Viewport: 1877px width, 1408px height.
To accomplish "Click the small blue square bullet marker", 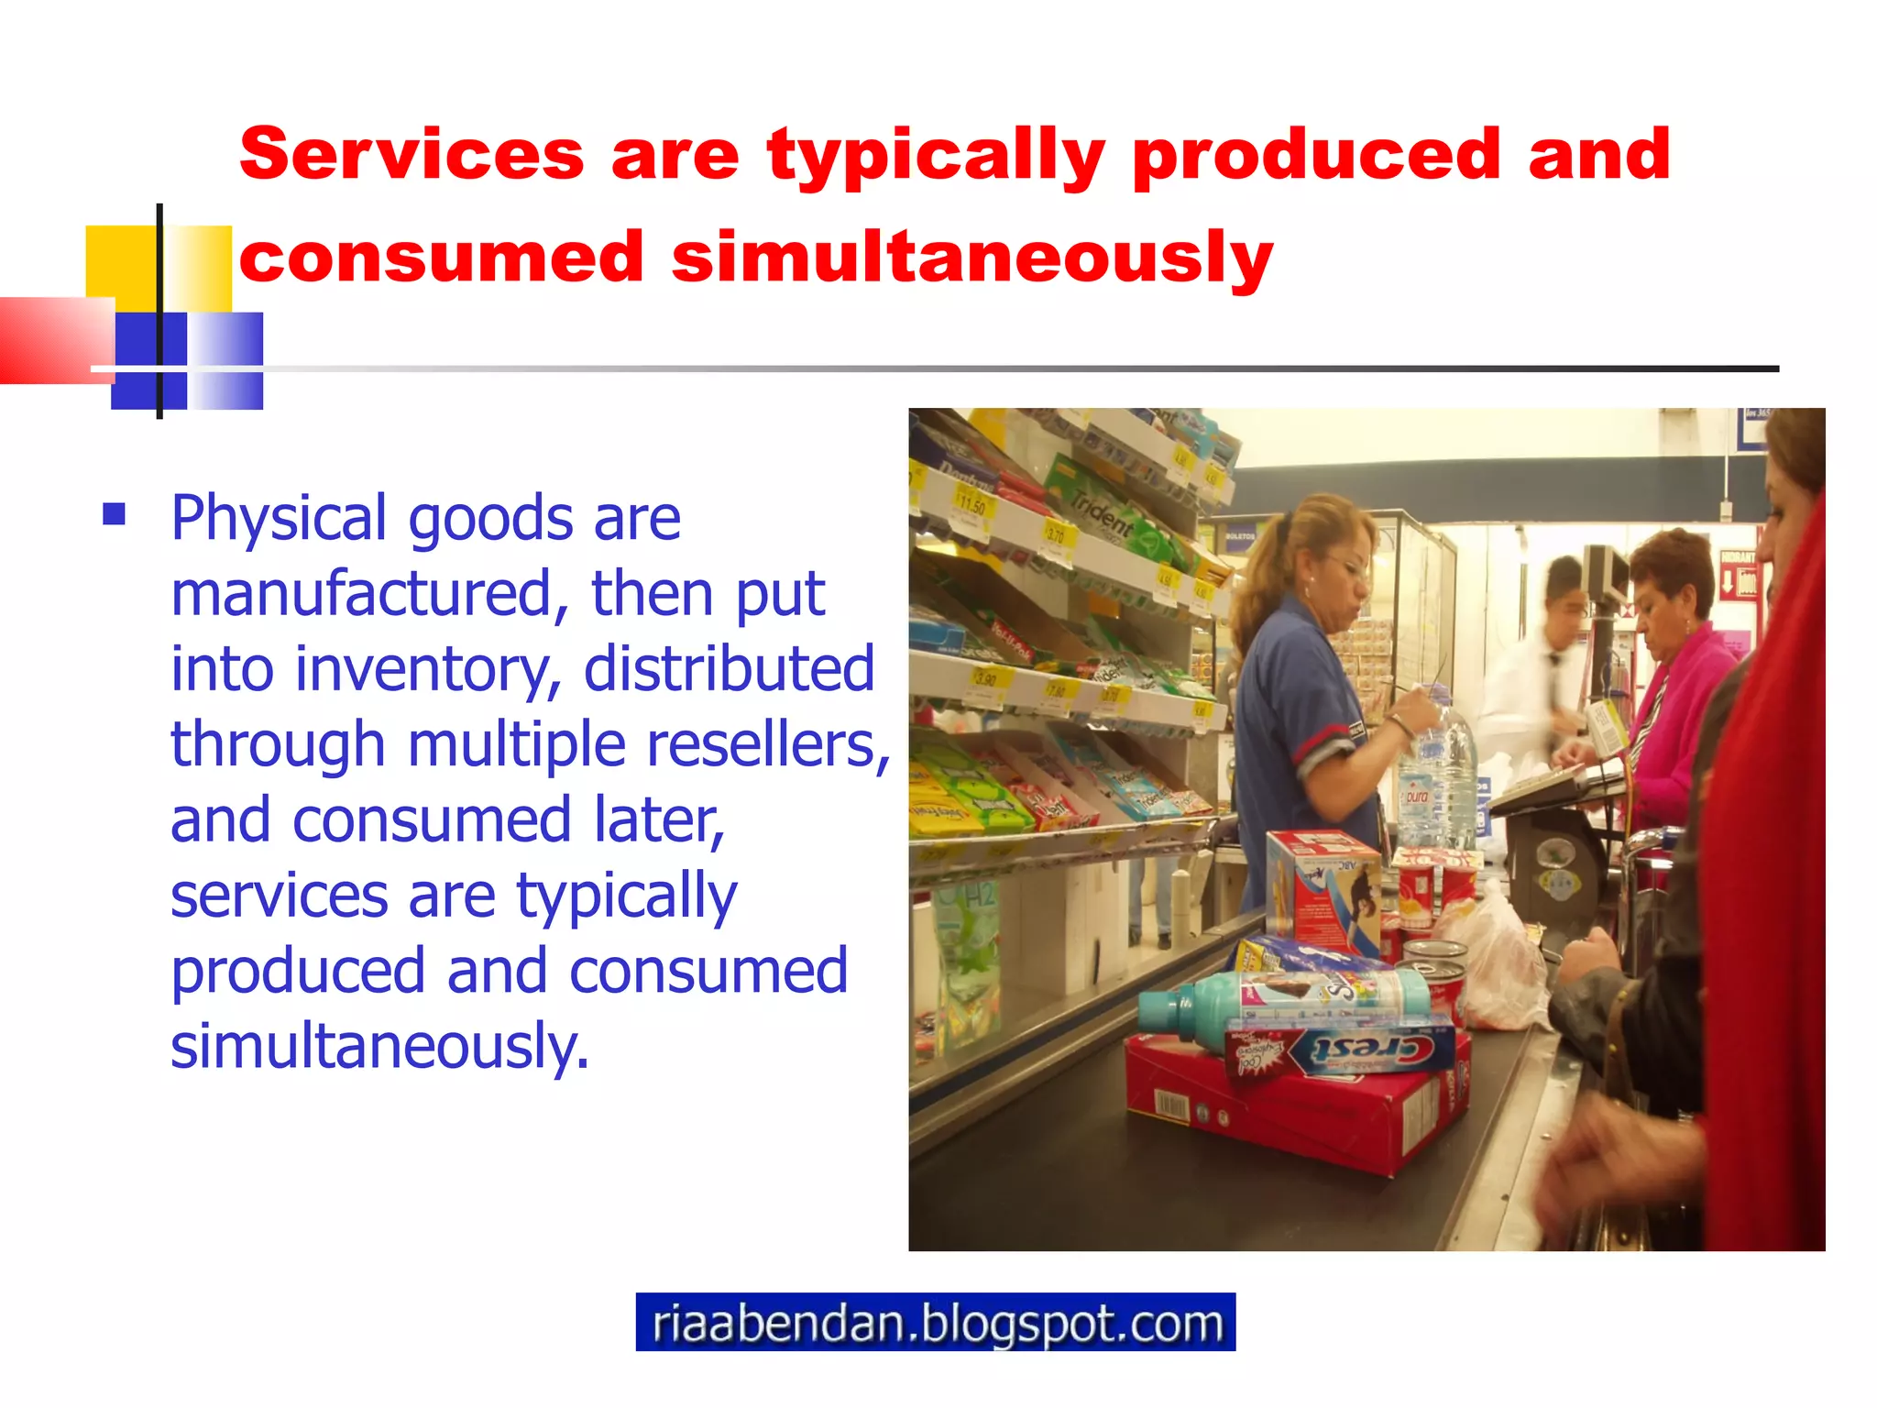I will point(115,513).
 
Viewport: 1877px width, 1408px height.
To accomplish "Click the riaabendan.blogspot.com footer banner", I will point(935,1322).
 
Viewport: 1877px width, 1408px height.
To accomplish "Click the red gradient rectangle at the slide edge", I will point(50,339).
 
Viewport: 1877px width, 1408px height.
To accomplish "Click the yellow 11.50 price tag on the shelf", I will point(971,504).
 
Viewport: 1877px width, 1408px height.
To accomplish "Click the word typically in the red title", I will point(936,156).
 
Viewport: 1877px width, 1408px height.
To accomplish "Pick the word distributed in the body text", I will point(729,669).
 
